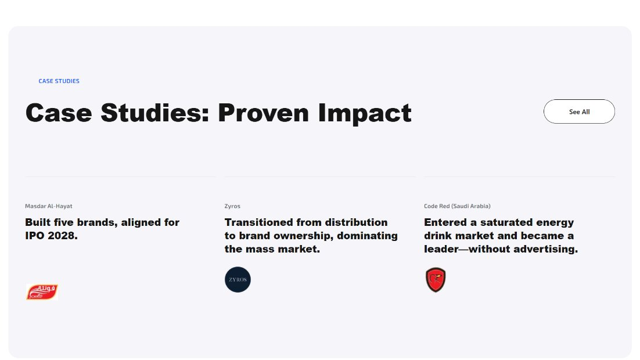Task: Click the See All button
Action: [579, 111]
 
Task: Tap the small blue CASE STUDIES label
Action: [59, 81]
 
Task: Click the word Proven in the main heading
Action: [263, 113]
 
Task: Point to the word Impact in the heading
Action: [365, 113]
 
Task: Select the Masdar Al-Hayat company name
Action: [49, 206]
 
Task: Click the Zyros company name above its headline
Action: [232, 206]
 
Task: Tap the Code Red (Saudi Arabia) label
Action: [457, 206]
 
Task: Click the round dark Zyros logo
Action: [238, 280]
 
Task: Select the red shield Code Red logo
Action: [436, 280]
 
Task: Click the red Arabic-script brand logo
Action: [42, 292]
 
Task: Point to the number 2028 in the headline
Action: [64, 236]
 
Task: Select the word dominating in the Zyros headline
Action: [368, 236]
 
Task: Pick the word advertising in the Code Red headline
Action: [546, 249]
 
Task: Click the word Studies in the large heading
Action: [155, 113]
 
